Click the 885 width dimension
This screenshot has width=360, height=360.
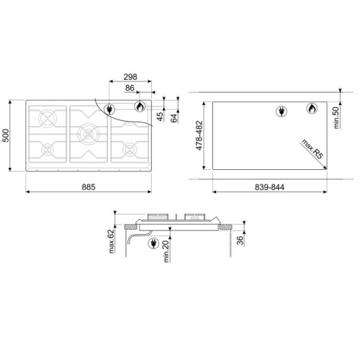click(x=89, y=187)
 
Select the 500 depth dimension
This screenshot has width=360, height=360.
click(x=6, y=135)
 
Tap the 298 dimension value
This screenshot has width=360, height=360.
click(x=130, y=77)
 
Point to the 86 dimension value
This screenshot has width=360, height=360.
click(x=130, y=88)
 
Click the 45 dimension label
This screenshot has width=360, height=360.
click(x=160, y=117)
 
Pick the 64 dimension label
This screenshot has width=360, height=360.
click(x=174, y=118)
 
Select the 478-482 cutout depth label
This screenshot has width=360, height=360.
click(x=199, y=135)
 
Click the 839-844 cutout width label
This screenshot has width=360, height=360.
click(x=269, y=187)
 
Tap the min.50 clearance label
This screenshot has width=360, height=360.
click(x=336, y=117)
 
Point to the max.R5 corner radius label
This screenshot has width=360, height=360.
click(x=312, y=149)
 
